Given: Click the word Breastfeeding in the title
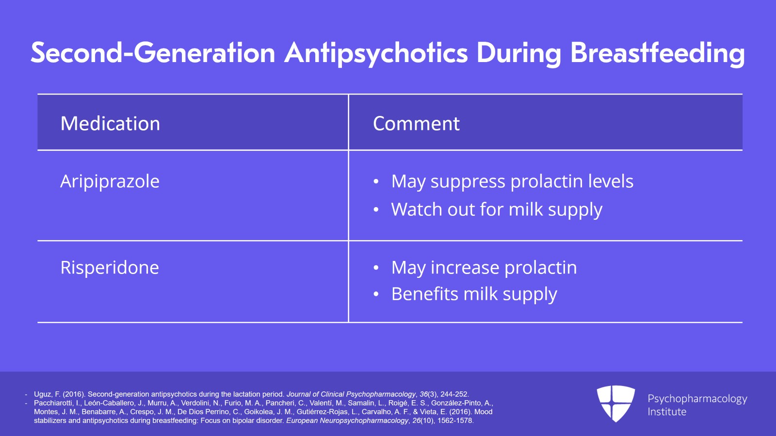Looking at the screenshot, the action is [657, 53].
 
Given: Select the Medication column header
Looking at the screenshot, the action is [110, 123].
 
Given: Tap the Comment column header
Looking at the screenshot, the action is [416, 123].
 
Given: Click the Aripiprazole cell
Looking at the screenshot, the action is [110, 181].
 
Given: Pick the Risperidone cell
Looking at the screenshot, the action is [110, 268].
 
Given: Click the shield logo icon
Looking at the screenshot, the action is [615, 404].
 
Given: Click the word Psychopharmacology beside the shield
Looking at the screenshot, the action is [697, 399].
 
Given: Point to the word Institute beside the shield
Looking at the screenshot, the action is [667, 412].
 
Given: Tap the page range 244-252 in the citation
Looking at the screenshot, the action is [454, 394].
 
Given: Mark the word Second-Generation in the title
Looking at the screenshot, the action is [153, 53].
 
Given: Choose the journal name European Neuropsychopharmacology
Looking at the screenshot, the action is [347, 421].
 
